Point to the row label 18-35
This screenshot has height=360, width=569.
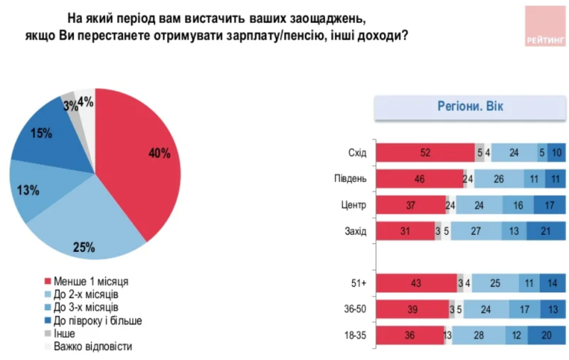point(353,336)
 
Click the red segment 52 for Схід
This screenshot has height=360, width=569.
point(425,152)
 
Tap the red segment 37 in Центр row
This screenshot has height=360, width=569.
point(410,205)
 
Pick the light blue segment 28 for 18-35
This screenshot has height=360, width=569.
point(478,336)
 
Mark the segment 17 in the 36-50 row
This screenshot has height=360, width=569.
point(524,309)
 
